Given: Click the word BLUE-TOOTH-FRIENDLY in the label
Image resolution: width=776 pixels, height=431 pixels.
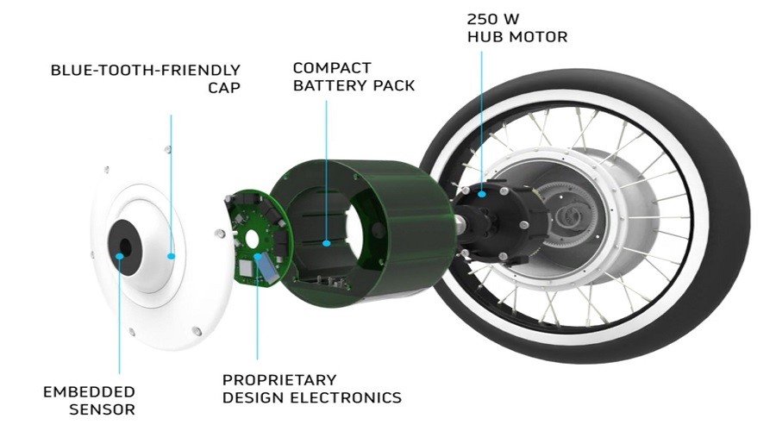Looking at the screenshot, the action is point(146,70).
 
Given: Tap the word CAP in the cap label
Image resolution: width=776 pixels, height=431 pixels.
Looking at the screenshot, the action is point(224,88).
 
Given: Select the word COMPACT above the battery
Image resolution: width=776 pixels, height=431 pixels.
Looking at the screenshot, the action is point(332,68).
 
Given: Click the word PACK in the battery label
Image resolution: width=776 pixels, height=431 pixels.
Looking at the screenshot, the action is point(394,85).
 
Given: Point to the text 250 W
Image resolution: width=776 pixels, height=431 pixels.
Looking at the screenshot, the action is point(493,19).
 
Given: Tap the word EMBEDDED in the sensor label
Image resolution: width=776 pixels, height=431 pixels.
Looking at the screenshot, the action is point(89,392).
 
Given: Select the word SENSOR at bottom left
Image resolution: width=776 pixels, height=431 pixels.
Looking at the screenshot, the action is point(102,409).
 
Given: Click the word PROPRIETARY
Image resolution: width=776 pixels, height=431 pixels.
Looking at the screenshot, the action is point(279,380).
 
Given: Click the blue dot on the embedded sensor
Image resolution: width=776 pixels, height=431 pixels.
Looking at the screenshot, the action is point(119,256).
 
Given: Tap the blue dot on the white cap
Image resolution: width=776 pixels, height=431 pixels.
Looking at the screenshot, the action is point(172,256).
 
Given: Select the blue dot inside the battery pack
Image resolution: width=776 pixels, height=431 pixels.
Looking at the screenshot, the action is point(326,243).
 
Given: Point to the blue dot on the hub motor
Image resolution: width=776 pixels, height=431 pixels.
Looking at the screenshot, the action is point(481,195).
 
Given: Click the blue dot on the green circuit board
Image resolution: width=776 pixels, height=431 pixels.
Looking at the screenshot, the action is point(257,256).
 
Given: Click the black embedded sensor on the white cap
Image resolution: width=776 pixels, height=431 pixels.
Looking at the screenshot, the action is point(125,247).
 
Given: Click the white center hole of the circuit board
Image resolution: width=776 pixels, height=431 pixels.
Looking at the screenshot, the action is point(252,239).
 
